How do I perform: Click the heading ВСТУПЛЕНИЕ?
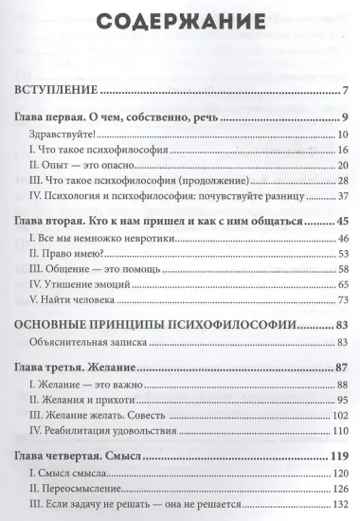[x=53, y=92]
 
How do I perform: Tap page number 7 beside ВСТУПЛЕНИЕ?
[x=348, y=92]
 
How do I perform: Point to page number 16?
[x=344, y=152]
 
